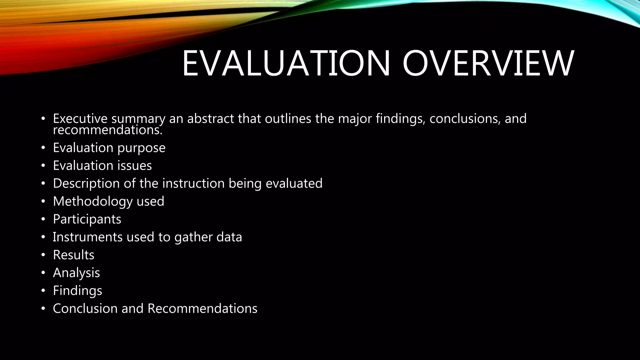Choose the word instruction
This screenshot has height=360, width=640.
pos(193,183)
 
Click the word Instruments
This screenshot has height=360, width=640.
pos(87,237)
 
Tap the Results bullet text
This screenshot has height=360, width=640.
pos(73,255)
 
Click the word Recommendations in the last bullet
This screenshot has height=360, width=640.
pos(202,309)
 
